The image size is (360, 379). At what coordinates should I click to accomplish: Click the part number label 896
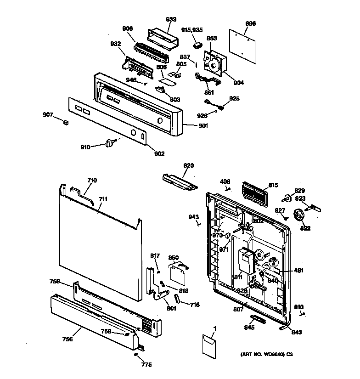(251, 24)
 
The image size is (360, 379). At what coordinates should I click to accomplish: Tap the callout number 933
(171, 19)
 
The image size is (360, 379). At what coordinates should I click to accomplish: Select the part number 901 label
(202, 126)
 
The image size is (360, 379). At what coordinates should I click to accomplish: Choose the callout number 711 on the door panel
(103, 199)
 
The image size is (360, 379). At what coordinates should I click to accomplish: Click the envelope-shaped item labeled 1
(209, 345)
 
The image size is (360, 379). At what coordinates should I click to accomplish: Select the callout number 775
(146, 365)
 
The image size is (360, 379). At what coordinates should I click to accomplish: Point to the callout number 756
(67, 339)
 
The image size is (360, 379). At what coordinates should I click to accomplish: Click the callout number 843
(296, 332)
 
